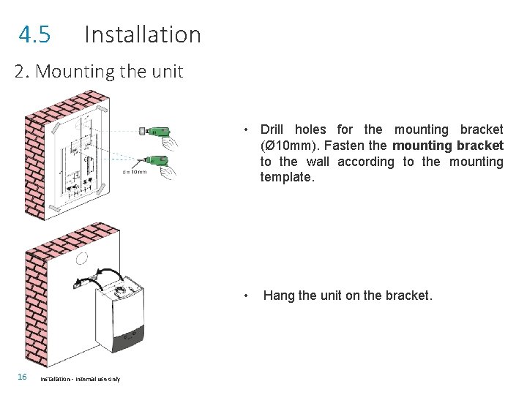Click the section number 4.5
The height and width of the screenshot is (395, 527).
(x=34, y=34)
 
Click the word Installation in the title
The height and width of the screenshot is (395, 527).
(x=142, y=34)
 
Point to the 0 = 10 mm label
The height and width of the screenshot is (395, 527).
(x=135, y=173)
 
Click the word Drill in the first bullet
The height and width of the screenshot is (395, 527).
(x=272, y=129)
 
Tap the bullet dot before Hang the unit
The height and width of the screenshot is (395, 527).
(x=248, y=296)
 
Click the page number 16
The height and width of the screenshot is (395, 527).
(x=22, y=377)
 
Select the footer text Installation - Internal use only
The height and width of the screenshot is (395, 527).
(x=81, y=378)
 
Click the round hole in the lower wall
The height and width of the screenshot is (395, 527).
(x=82, y=259)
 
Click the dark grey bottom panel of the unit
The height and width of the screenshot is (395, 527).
(x=135, y=336)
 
